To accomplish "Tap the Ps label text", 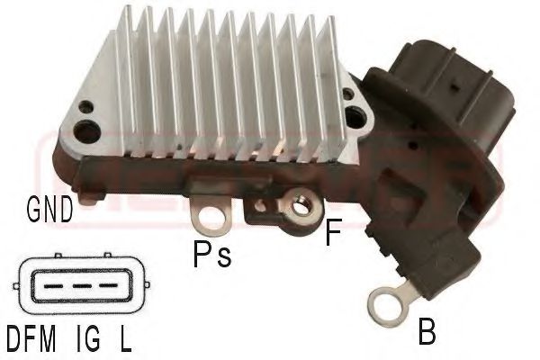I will click(x=212, y=256).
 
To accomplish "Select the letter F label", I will click(x=333, y=236).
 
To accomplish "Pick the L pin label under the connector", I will click(x=125, y=341).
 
